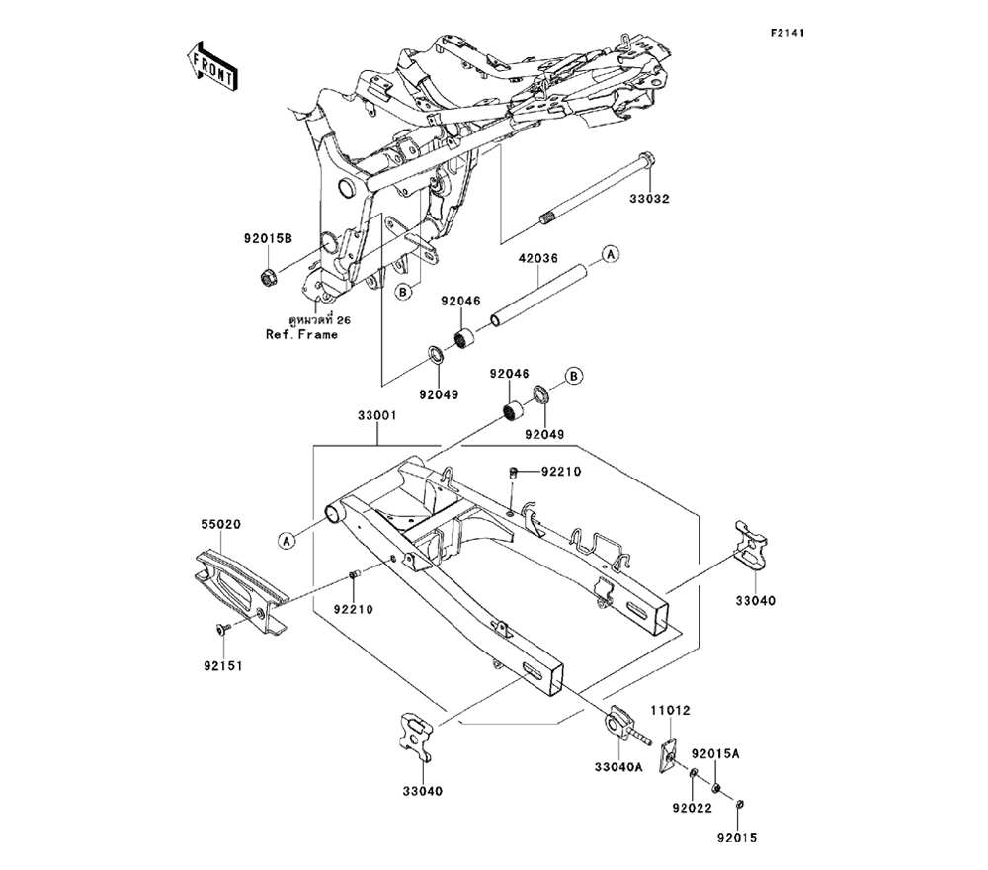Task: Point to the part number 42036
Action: pyautogui.click(x=539, y=258)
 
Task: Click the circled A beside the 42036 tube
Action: pyautogui.click(x=611, y=254)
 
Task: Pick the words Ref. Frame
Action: pyautogui.click(x=301, y=334)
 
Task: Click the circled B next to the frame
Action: pyautogui.click(x=403, y=292)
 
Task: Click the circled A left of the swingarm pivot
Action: pyautogui.click(x=287, y=540)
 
